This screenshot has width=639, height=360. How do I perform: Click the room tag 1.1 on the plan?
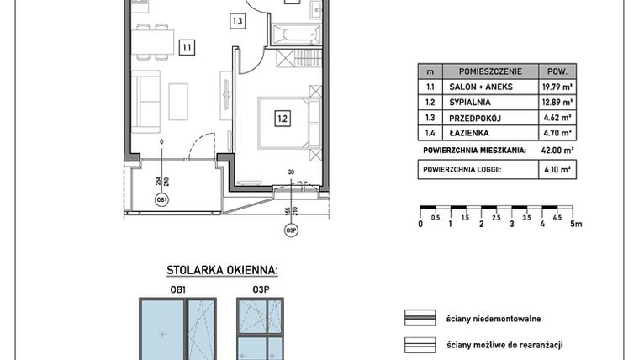187,48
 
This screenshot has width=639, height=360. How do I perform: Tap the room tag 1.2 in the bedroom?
283,119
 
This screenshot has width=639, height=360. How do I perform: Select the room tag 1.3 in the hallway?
238,21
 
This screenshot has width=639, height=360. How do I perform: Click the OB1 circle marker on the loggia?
161,200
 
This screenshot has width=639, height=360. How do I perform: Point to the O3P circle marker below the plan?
291,230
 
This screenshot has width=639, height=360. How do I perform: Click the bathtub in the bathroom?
296,34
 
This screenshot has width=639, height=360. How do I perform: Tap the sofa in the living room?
145,102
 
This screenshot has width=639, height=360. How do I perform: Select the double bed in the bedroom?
289,122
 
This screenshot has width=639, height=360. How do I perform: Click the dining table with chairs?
152,42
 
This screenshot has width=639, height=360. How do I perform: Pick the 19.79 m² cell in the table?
557,87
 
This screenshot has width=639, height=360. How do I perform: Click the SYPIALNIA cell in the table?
470,103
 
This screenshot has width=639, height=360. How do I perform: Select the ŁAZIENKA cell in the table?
469,133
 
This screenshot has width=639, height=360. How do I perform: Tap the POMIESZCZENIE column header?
490,71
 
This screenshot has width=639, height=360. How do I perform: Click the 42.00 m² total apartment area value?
557,151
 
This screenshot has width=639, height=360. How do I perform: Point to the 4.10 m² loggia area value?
557,169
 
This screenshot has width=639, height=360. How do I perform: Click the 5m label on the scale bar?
576,224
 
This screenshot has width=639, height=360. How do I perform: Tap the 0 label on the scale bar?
420,224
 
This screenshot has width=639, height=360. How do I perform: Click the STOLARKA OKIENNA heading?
223,270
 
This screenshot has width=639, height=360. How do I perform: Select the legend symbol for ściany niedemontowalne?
420,318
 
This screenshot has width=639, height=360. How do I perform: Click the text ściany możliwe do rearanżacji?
504,346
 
